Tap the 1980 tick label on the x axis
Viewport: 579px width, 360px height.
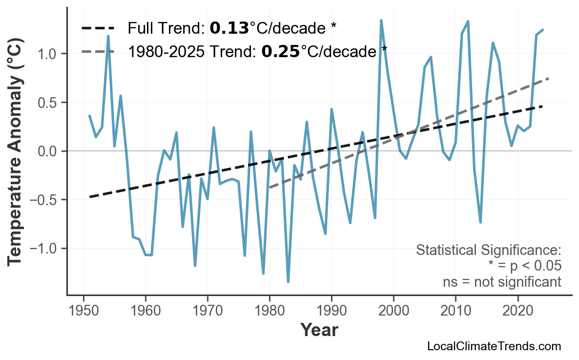269,311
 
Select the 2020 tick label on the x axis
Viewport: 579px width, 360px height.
517,311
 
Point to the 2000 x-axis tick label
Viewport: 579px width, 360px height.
393,311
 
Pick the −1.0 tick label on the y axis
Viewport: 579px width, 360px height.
45,249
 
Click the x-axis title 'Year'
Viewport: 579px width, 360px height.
319,331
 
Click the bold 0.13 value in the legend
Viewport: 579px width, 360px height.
229,28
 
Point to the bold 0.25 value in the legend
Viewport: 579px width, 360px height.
280,51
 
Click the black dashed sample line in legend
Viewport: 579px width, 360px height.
98,28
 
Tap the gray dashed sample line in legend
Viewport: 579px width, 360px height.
98,51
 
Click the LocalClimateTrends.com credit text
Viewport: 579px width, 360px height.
494,347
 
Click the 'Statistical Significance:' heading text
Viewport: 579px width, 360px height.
488,251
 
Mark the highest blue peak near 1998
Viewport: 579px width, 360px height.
381,21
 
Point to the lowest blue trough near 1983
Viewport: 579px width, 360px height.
288,282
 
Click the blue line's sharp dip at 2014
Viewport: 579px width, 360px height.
480,222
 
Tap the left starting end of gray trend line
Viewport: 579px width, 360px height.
269,188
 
